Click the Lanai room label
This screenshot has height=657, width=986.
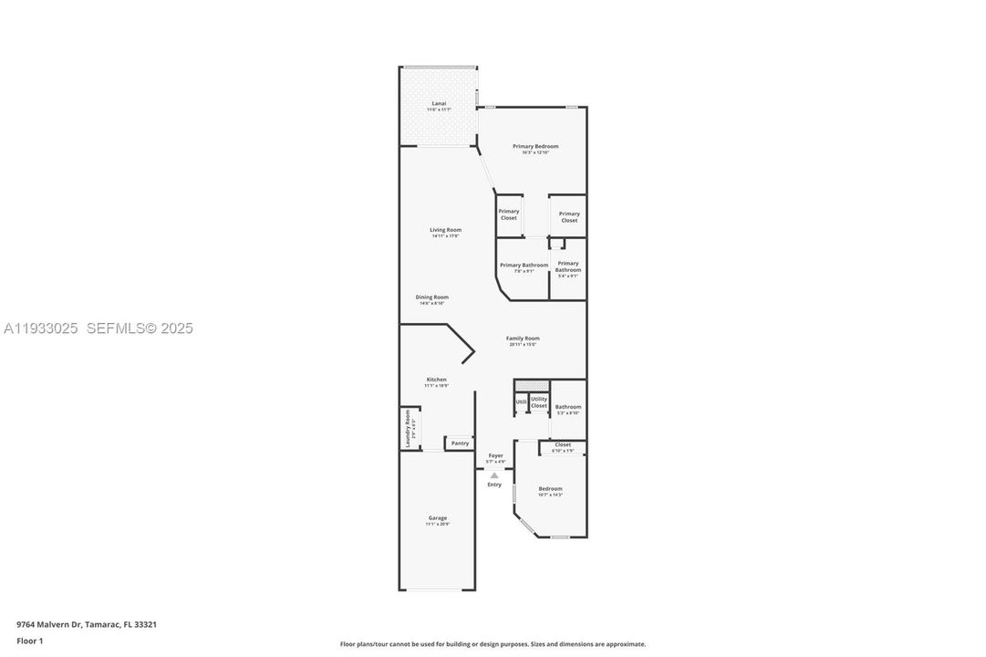439,104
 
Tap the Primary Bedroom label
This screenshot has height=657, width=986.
535,147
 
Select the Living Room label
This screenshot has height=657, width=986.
446,230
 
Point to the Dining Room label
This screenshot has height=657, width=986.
432,297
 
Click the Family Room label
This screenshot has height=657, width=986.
523,339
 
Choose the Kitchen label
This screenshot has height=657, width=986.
436,380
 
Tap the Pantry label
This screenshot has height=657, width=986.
460,443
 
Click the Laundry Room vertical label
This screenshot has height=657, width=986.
408,427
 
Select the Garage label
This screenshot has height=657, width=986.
438,518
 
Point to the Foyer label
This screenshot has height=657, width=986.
495,455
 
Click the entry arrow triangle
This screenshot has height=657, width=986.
494,474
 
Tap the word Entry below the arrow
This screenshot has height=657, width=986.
494,485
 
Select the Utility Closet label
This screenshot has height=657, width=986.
539,402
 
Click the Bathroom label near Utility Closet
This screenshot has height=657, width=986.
568,407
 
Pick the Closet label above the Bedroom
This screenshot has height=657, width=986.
563,445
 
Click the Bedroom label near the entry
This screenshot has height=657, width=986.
550,489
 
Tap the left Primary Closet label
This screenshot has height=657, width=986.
508,214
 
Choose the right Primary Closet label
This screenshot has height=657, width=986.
569,217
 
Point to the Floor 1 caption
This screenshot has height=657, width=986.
30,641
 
